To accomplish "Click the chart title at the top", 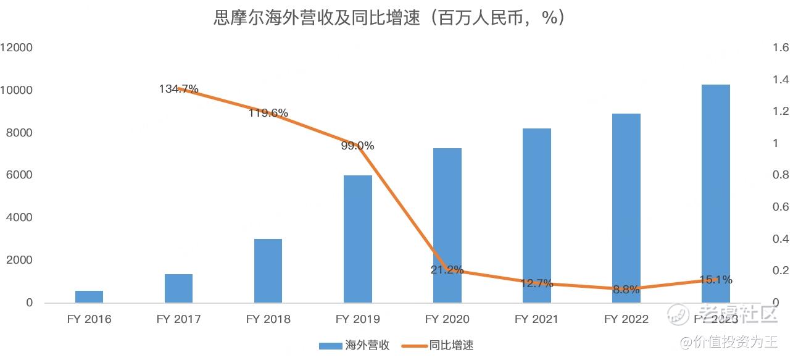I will pos(389,18).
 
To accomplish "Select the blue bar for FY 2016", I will pos(89,296).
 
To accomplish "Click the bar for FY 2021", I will pos(536,216).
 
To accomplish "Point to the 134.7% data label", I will pos(178,89).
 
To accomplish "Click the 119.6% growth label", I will pos(268,113).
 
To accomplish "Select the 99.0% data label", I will pos(357,146).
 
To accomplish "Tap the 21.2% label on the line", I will pos(447,270).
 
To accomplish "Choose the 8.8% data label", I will pos(626,289).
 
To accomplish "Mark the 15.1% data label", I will pos(715,280).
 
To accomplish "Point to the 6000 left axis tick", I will pos(20,175).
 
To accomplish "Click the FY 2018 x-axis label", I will pos(268,319).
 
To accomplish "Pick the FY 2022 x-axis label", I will pos(626,319).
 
